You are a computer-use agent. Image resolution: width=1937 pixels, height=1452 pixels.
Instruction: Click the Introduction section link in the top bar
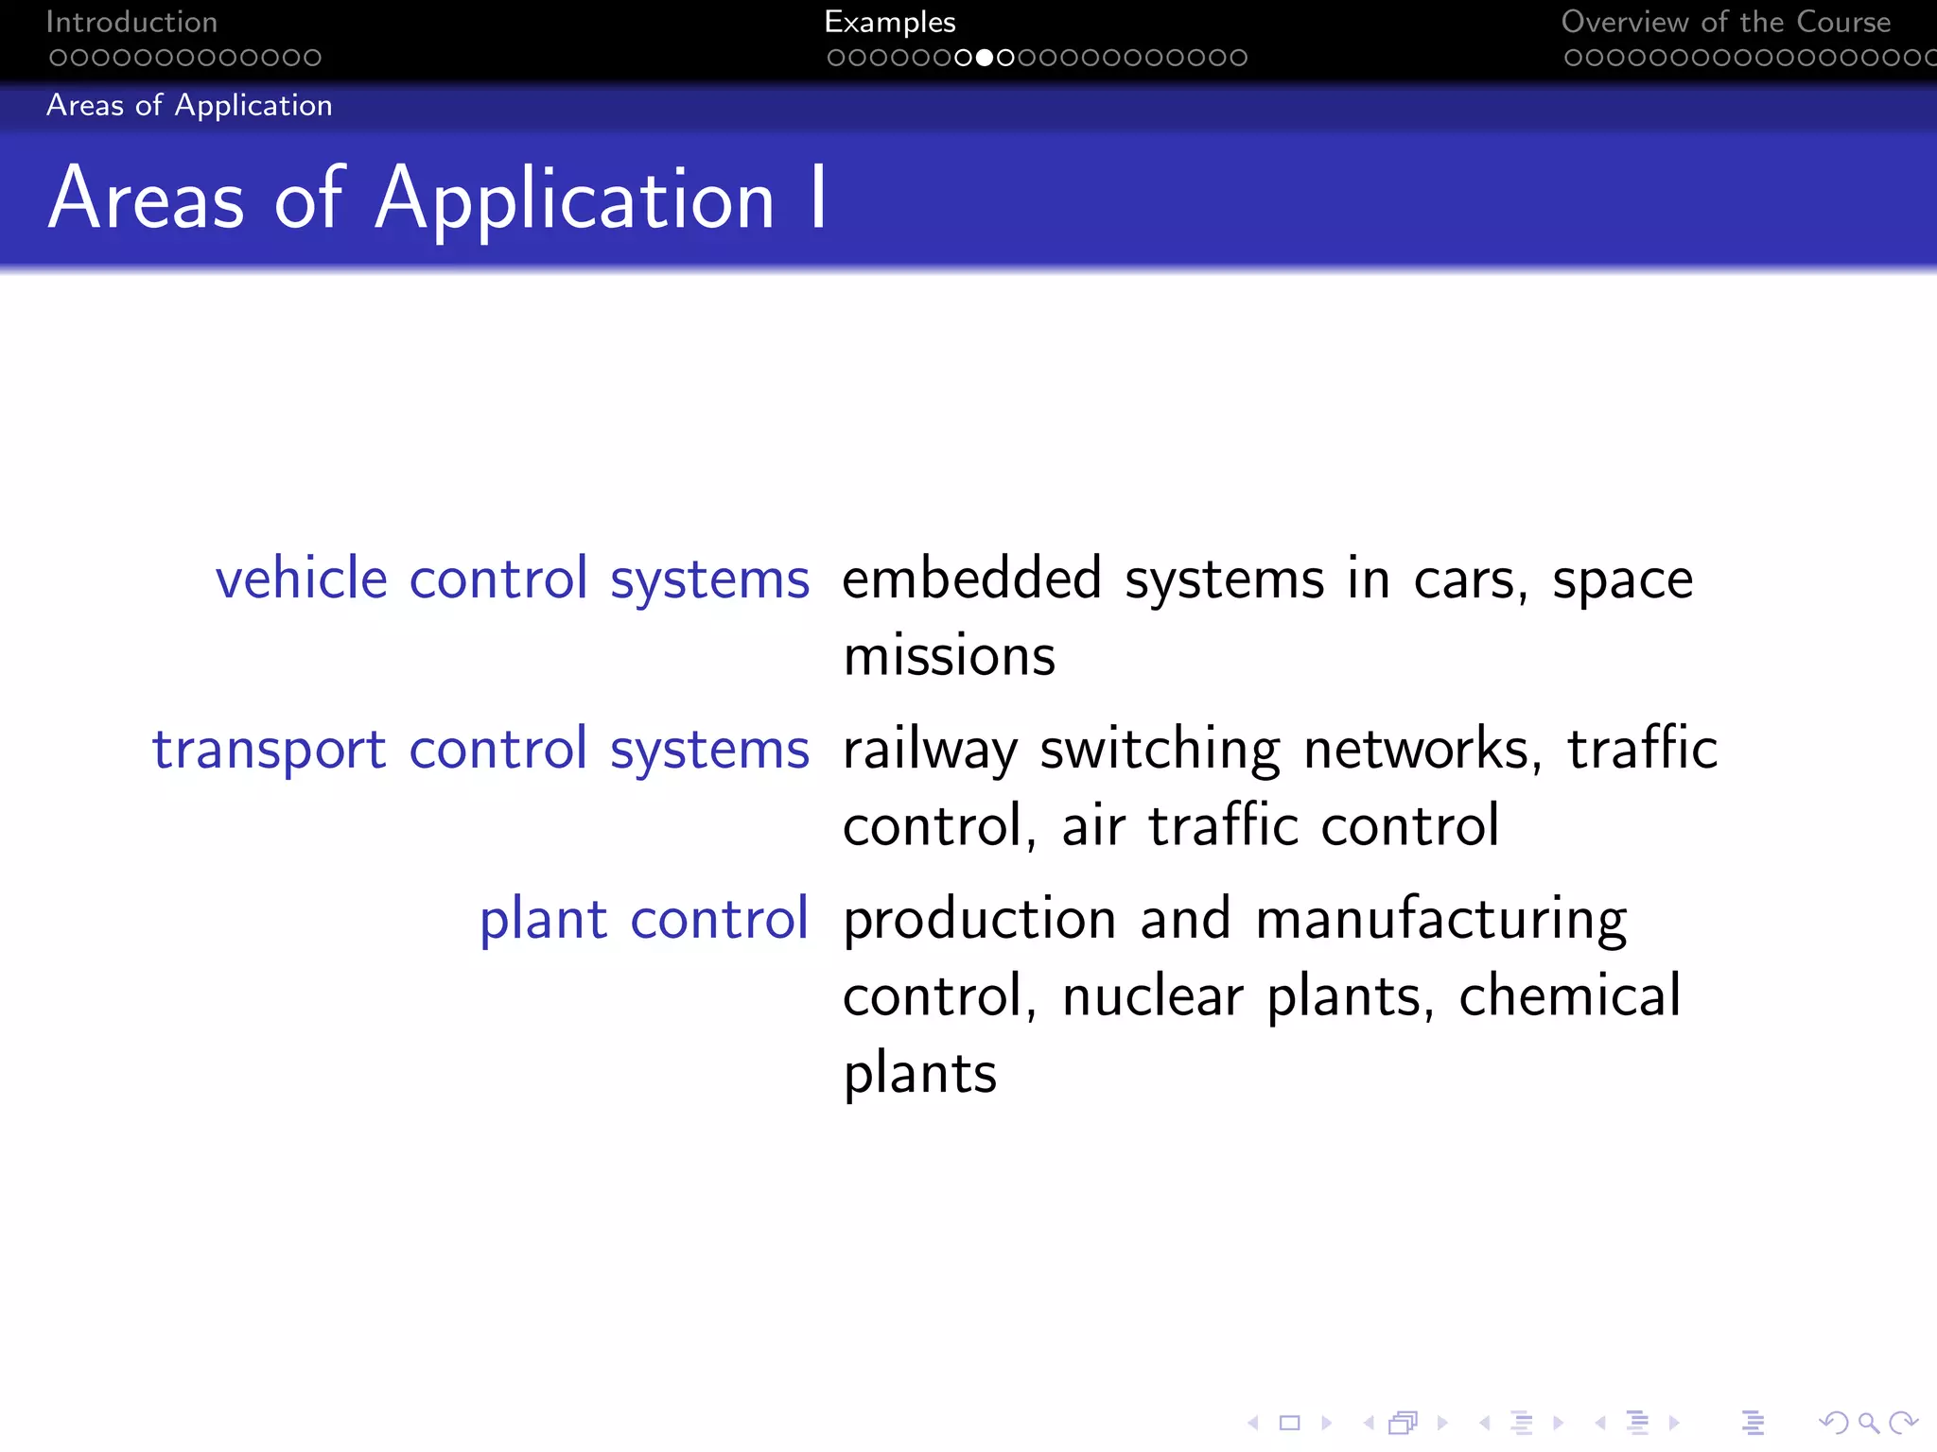(131, 22)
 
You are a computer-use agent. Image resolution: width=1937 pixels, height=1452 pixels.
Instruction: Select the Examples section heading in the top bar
(889, 22)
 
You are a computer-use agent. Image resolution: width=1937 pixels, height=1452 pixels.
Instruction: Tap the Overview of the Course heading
(1725, 22)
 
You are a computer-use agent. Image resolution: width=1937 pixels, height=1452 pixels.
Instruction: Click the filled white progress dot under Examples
(985, 58)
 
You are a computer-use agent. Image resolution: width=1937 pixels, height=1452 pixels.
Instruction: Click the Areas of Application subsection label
(189, 105)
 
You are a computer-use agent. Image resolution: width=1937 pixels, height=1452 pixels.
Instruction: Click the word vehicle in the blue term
(302, 579)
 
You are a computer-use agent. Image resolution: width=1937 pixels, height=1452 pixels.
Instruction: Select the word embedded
(971, 579)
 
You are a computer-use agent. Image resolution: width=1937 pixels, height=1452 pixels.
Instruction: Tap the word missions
(949, 656)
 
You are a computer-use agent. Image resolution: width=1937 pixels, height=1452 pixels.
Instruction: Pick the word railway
(930, 751)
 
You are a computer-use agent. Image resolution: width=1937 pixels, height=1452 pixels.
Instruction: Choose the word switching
(1160, 751)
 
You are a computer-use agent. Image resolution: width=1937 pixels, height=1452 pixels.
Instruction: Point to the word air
(1092, 826)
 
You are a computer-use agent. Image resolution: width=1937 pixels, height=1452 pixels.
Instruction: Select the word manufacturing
(1441, 921)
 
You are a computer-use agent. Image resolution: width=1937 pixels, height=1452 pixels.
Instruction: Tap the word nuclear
(1152, 996)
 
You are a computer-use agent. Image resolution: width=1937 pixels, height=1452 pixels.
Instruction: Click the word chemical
(1569, 996)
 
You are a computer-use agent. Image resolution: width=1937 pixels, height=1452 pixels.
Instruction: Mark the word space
(1622, 580)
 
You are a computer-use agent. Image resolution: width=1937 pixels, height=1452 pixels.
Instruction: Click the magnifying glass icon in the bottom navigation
(1868, 1423)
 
